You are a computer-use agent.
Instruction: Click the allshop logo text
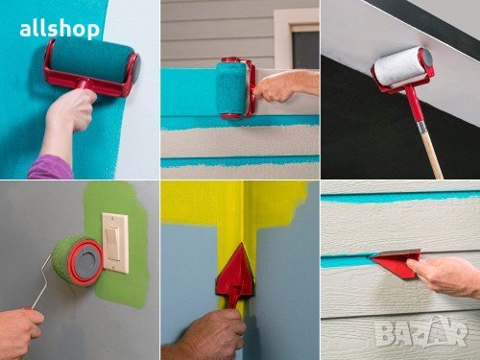(60, 30)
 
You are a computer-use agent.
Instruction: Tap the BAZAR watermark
(421, 332)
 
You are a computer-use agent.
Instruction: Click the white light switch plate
(115, 243)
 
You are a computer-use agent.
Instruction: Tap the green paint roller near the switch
(77, 260)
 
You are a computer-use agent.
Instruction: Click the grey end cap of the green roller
(87, 261)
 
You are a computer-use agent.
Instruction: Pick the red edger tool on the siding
(397, 263)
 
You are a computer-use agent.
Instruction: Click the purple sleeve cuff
(50, 167)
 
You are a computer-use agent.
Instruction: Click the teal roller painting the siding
(231, 88)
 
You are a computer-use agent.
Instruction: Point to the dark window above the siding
(305, 48)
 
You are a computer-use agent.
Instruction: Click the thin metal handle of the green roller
(42, 281)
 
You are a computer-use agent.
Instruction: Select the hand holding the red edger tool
(444, 276)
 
